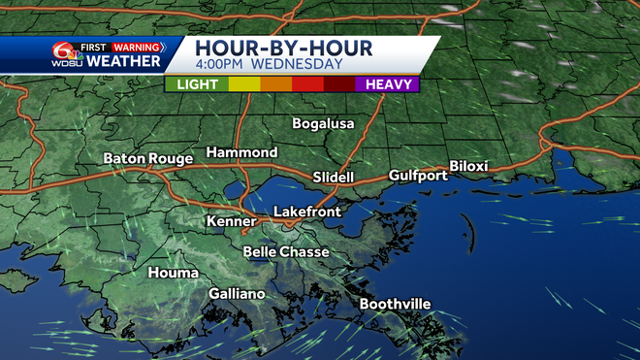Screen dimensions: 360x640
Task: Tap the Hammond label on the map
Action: tap(241, 153)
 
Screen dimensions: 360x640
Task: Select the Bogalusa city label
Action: tap(324, 124)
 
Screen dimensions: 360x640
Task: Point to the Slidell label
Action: tap(334, 178)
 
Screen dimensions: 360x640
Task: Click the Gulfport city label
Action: tap(418, 176)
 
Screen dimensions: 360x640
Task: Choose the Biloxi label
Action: tap(468, 166)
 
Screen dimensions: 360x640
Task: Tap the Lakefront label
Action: tap(305, 211)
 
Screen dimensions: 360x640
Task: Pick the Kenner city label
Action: tap(231, 222)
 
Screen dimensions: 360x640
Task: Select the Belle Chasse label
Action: tap(286, 252)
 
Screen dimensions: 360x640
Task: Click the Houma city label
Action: tap(172, 274)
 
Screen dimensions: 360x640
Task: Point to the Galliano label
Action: tap(237, 294)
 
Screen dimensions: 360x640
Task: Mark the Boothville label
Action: tap(395, 305)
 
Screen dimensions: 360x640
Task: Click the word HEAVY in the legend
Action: tap(391, 84)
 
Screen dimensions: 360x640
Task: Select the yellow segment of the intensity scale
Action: tap(244, 84)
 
